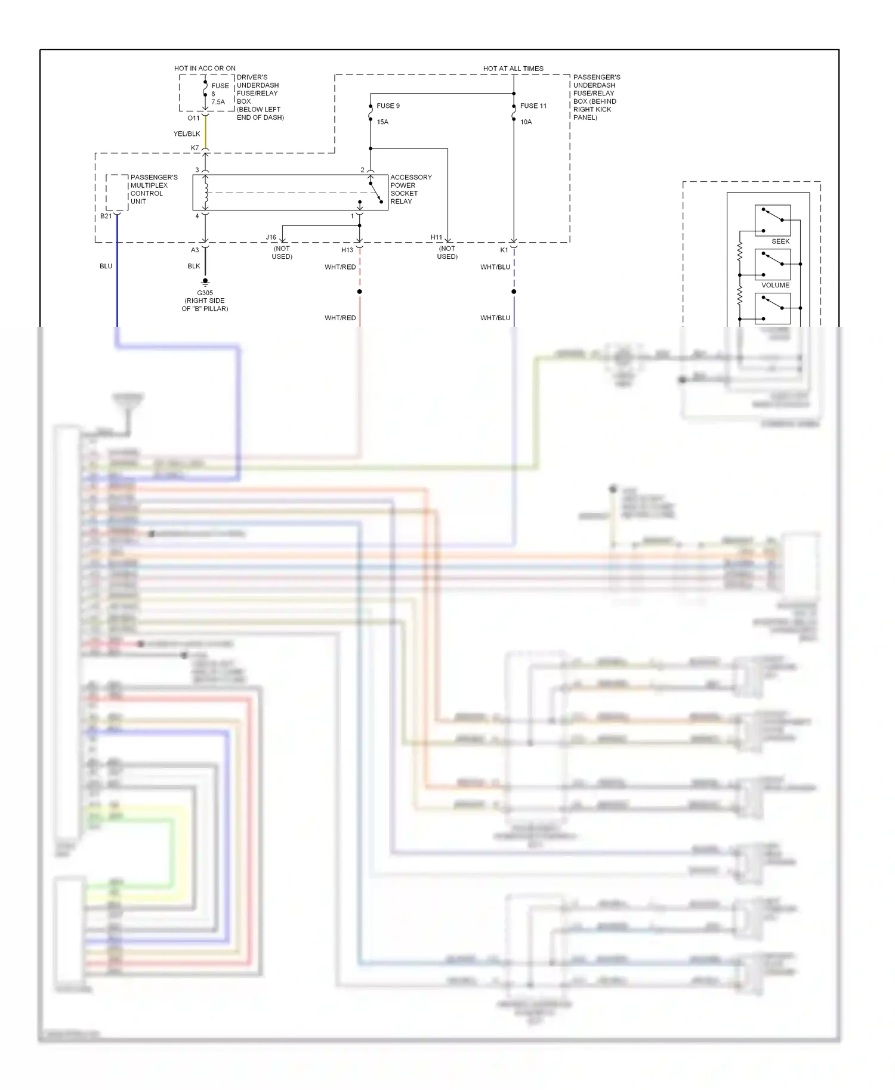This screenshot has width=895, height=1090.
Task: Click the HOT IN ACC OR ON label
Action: (205, 69)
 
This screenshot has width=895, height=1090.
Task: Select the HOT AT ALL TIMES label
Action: (513, 69)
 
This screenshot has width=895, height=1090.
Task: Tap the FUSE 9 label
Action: (388, 106)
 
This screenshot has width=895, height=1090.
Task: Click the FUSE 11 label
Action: (533, 106)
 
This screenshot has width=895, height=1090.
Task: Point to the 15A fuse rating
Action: (382, 122)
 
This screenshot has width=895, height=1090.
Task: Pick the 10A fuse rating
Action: (526, 122)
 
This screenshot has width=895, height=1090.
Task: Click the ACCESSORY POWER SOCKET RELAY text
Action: (411, 190)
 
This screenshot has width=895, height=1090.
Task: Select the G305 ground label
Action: (205, 293)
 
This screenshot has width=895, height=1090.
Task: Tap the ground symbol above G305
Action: (205, 281)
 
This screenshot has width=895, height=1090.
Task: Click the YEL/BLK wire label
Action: (187, 134)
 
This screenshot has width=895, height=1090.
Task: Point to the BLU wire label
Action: (106, 266)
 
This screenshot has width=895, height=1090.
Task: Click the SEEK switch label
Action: (780, 241)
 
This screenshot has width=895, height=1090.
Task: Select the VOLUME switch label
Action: (775, 285)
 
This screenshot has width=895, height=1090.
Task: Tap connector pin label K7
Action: (195, 148)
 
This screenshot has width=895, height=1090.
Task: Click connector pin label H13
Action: (347, 250)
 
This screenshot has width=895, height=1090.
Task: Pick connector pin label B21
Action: (106, 216)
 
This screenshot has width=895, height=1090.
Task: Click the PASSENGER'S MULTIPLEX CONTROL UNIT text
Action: (153, 190)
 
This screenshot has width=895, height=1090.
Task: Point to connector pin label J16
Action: (271, 237)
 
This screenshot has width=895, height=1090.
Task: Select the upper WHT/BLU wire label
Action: (495, 267)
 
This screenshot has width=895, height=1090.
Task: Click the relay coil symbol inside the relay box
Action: (206, 192)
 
